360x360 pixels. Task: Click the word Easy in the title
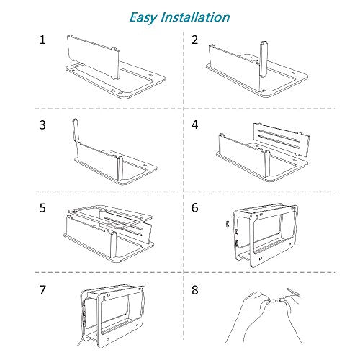(x=143, y=18)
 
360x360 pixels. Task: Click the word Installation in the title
(x=196, y=17)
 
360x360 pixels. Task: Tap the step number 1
(x=42, y=40)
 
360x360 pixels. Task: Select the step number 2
(x=194, y=40)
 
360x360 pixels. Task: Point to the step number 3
(x=42, y=125)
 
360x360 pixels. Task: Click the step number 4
(x=195, y=125)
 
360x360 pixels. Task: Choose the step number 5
(x=42, y=208)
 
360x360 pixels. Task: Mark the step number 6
(x=195, y=208)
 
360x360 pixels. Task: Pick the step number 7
(x=42, y=290)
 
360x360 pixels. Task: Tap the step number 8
(x=195, y=290)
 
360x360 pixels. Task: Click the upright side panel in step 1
(x=94, y=57)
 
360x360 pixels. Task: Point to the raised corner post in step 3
(x=76, y=131)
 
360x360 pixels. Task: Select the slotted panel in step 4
(x=282, y=139)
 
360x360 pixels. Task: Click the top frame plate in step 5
(x=110, y=215)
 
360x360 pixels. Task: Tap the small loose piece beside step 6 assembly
(x=228, y=225)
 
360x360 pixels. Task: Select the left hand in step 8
(x=247, y=317)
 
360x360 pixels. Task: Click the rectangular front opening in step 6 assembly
(x=266, y=233)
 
